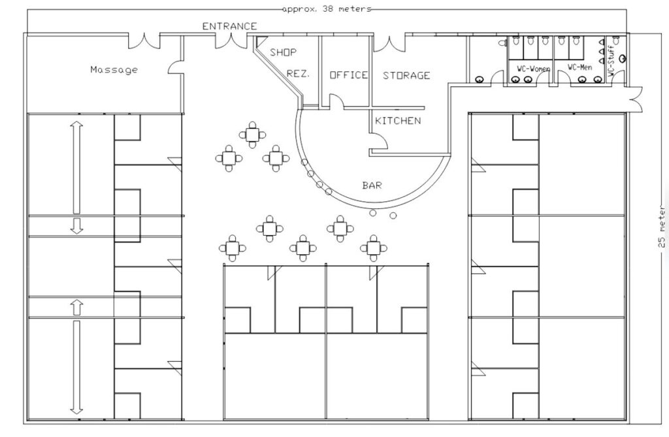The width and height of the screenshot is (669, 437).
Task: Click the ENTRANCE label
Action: pos(229,27)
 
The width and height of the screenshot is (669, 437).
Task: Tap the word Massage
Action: pos(114,69)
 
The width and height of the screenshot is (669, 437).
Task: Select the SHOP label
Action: pos(284,52)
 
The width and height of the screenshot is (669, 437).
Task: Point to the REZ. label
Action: pos(298,73)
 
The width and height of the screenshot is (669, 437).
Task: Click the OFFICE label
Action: pos(349,75)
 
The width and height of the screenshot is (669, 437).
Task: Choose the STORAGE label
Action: pos(406,76)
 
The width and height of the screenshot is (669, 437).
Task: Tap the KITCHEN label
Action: pos(398,121)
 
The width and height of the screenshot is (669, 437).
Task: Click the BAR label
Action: pos(372,186)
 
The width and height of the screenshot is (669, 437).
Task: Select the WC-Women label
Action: pos(533,69)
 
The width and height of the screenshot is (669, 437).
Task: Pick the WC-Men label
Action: pos(580,67)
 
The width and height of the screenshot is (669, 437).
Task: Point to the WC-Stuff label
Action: pos(611,61)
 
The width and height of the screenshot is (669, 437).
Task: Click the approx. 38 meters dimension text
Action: pos(327,8)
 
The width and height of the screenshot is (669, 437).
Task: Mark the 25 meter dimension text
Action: pos(662,227)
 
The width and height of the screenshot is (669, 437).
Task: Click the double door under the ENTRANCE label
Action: pos(231,41)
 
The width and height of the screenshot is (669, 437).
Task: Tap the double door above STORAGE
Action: pos(389,44)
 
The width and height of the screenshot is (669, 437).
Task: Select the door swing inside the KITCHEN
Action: pos(380,141)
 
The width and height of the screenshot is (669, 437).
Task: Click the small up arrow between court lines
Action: pos(77,307)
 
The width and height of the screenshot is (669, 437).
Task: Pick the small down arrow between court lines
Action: pos(77,226)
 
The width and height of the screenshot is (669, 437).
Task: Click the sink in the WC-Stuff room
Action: pos(623,58)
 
